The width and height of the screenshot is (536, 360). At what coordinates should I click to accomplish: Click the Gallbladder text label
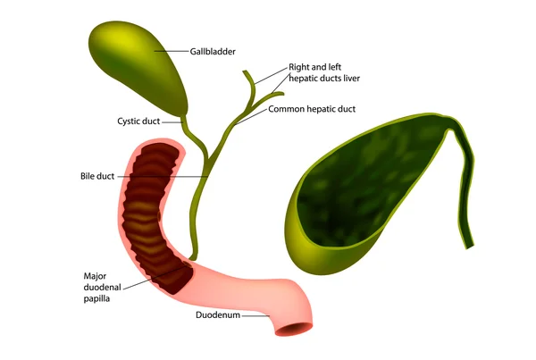213,52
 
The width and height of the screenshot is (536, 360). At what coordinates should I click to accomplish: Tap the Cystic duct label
138,121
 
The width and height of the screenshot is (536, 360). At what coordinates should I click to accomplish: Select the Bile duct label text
97,176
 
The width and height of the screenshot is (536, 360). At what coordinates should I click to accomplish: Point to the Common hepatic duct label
312,109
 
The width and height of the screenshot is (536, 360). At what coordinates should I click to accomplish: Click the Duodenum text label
218,314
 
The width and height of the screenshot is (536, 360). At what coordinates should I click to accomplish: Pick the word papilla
96,298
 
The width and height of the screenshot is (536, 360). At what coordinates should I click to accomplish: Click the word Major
95,276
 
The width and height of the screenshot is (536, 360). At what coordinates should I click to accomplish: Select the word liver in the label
352,79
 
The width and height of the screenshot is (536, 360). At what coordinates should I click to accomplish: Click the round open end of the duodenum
294,329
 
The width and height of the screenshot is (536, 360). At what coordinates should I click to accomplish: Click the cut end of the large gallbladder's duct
469,246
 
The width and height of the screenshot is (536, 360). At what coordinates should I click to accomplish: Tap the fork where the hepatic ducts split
252,100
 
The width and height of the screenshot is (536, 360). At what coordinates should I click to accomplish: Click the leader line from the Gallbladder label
172,52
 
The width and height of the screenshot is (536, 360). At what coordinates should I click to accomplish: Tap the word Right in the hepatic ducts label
298,67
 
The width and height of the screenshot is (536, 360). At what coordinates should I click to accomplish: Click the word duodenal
102,287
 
